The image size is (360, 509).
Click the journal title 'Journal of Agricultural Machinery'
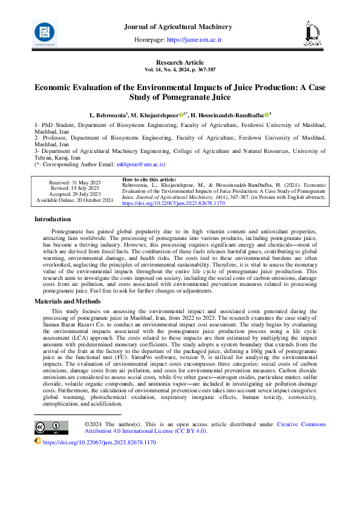coord(177,27)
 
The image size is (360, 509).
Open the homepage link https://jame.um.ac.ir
coord(194,39)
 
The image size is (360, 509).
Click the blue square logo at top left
coord(45,32)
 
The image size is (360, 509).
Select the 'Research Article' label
coord(180,63)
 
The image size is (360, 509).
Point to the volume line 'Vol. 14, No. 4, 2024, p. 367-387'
coord(180,70)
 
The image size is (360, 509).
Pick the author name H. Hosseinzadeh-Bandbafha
coord(231,114)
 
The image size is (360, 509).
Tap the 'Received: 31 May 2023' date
coord(74,182)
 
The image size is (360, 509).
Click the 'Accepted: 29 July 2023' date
coord(74,194)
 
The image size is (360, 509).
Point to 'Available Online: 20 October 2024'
coord(74,200)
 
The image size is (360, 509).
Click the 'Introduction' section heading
coord(53,219)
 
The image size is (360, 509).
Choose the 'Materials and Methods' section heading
coord(67,300)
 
